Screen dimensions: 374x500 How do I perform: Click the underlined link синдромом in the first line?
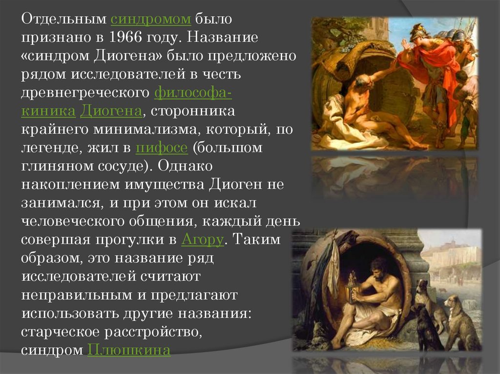[x=150, y=20]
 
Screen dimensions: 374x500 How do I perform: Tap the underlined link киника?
[x=48, y=111]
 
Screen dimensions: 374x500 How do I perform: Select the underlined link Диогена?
[x=111, y=111]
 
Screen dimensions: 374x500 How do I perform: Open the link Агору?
[x=203, y=239]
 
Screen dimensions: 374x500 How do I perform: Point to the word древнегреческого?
[x=85, y=92]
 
